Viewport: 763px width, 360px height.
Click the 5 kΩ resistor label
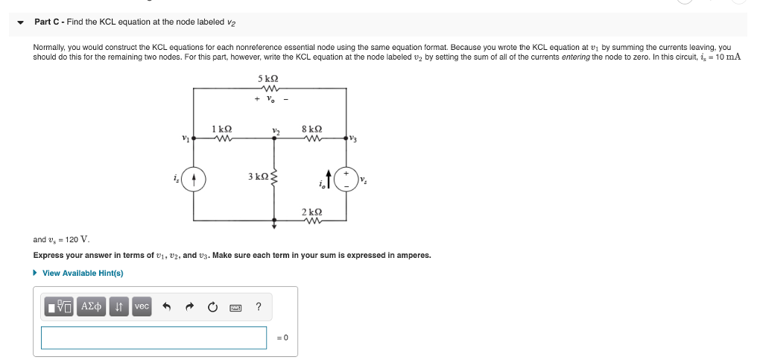[x=268, y=78]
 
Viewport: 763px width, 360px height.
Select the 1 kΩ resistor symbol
[x=221, y=137]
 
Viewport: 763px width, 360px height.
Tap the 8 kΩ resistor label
[x=312, y=128]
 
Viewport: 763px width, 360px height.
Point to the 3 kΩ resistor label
[x=258, y=177]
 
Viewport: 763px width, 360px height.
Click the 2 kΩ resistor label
[x=312, y=212]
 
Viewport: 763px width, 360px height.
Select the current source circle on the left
[x=194, y=180]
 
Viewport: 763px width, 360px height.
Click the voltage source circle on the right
[x=346, y=180]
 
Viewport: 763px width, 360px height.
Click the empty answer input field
[x=153, y=338]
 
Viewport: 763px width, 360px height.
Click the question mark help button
[x=258, y=306]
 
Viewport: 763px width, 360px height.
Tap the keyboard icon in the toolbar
[x=235, y=307]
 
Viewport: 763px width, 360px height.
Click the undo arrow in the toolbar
[x=168, y=306]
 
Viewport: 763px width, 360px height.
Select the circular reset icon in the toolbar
[x=212, y=306]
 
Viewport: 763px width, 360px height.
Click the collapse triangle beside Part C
[x=21, y=22]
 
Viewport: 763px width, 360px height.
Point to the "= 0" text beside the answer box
[x=282, y=338]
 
